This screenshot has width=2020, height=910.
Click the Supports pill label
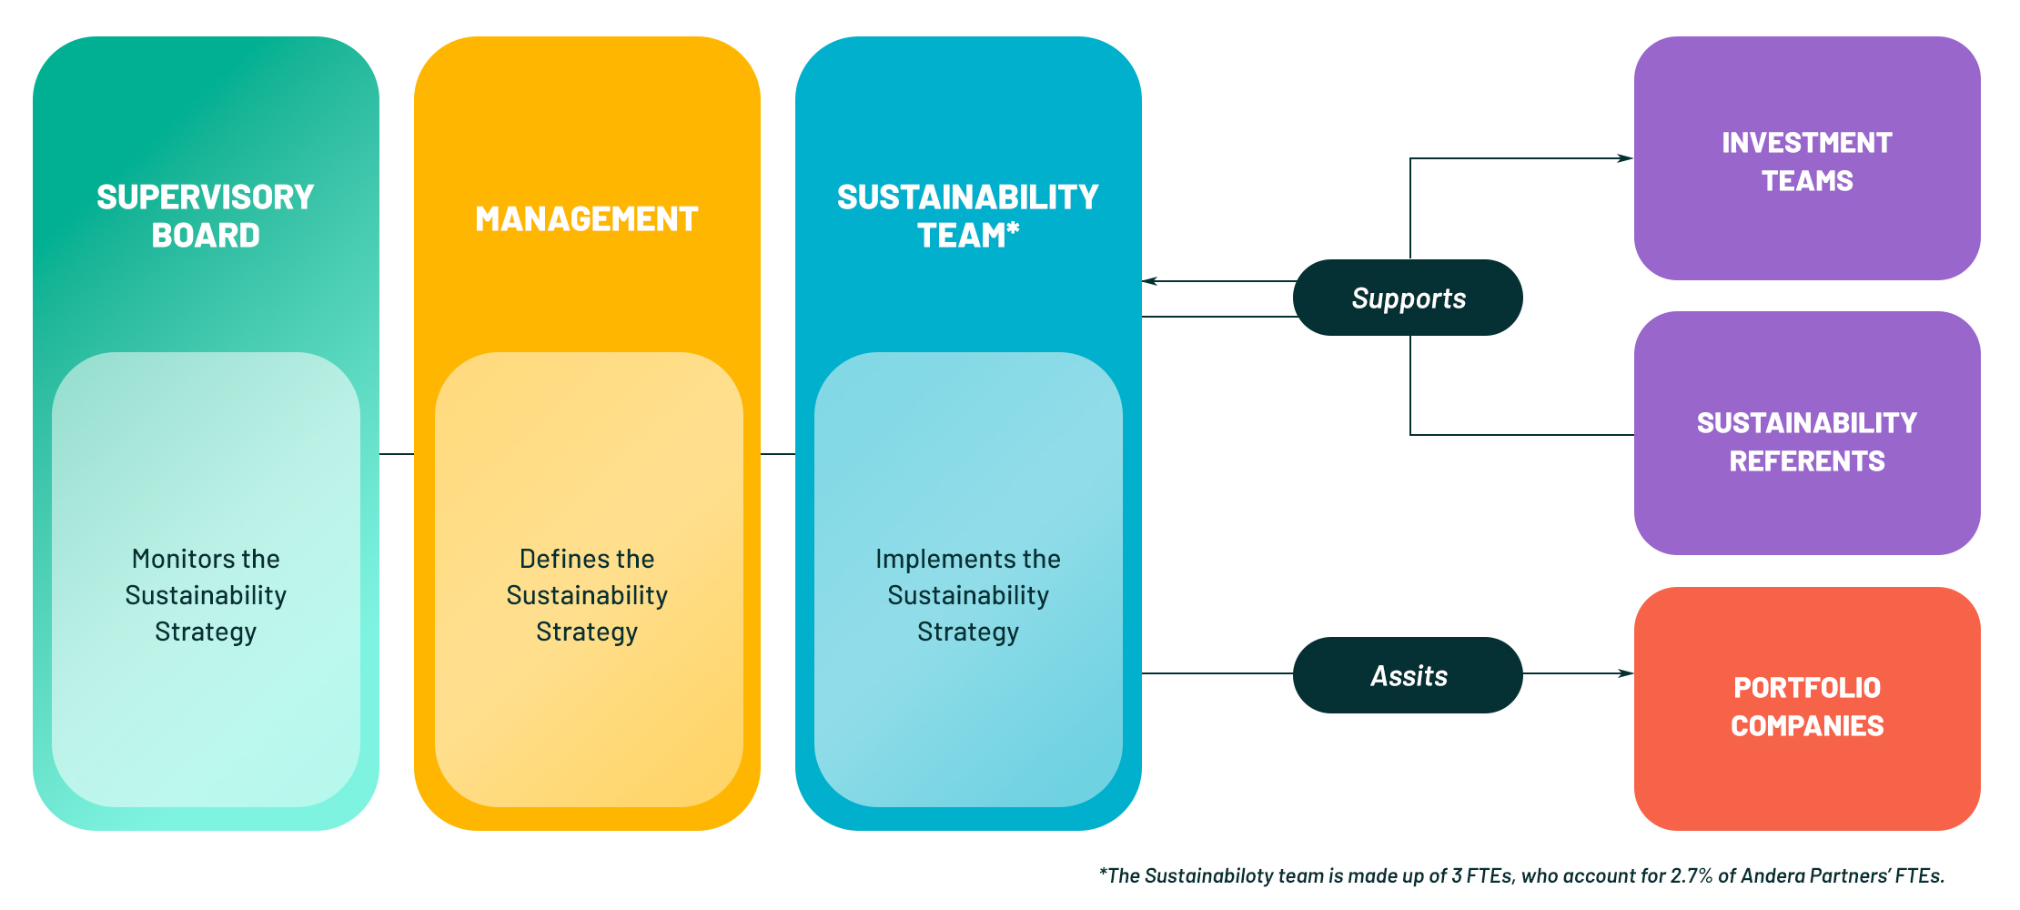click(1408, 298)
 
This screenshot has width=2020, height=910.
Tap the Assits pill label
click(1408, 675)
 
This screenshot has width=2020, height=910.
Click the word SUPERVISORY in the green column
click(205, 197)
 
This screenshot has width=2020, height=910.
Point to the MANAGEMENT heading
click(586, 219)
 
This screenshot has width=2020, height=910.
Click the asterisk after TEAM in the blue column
click(1013, 228)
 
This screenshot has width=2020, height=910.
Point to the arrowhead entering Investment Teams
click(1625, 158)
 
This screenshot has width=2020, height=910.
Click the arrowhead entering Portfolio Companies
click(1626, 673)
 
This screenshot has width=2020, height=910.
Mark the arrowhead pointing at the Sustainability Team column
click(1150, 281)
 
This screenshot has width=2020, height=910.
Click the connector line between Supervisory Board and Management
click(397, 453)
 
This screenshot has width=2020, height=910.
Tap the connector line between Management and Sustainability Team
click(778, 453)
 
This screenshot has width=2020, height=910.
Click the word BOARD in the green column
click(206, 236)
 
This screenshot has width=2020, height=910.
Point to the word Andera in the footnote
click(1774, 876)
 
